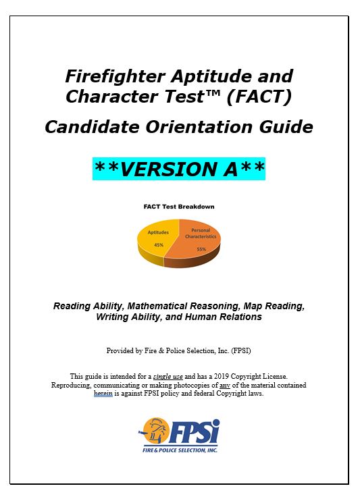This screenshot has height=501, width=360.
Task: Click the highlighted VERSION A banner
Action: click(179, 167)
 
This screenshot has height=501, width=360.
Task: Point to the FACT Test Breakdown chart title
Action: click(178, 207)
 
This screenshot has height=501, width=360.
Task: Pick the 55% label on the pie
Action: click(201, 250)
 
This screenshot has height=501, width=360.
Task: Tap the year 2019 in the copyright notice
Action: click(231, 376)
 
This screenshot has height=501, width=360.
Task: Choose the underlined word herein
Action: click(103, 394)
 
